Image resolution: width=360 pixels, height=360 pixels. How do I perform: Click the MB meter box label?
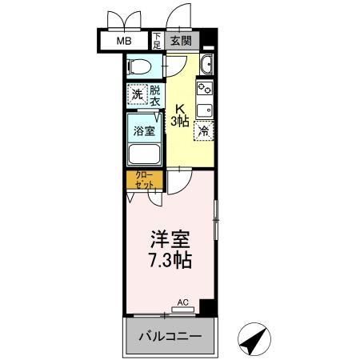click(x=125, y=42)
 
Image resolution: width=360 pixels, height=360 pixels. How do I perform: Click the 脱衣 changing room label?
click(x=154, y=94)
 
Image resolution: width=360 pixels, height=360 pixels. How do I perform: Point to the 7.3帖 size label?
click(x=170, y=260)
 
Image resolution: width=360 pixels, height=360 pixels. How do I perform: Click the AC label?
click(x=182, y=303)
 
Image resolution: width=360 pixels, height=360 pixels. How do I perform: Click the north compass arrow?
click(x=254, y=339)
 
